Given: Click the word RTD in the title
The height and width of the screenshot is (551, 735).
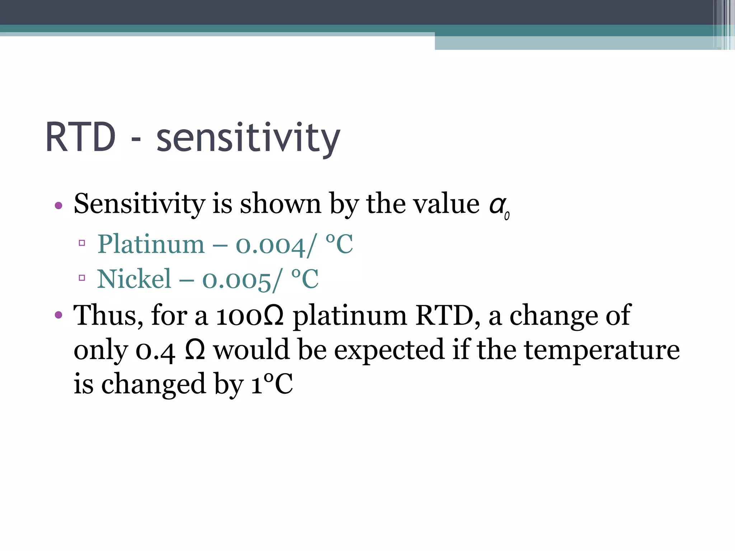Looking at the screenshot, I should tap(80, 137).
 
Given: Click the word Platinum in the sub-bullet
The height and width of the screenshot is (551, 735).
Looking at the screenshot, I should tap(151, 244).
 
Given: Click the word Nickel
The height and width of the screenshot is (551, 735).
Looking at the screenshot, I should tap(134, 279).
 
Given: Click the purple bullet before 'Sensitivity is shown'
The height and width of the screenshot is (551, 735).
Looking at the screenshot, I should tap(58, 206).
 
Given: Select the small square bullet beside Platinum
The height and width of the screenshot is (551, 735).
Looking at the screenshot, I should tap(82, 243).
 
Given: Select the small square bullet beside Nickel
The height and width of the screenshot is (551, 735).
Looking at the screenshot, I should tap(82, 277).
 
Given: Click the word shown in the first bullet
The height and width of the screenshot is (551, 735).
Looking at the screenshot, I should tap(280, 204).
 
